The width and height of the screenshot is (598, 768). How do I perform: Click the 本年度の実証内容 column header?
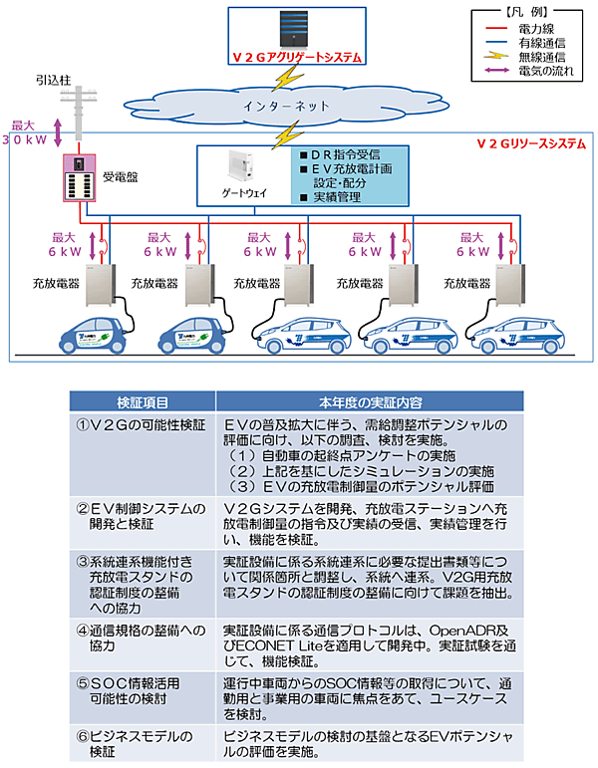click(370, 403)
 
